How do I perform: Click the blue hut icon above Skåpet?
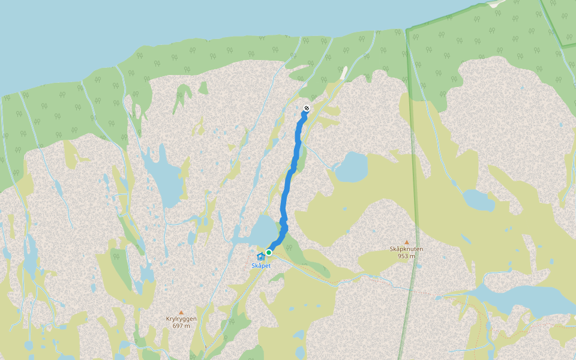tap(260, 257)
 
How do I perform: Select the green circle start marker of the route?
tap(269, 253)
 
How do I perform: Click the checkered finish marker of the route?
tap(307, 109)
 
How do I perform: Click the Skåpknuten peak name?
tap(406, 248)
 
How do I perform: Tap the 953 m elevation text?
tap(406, 256)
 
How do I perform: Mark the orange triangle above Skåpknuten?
tap(406, 241)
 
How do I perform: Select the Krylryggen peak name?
tap(181, 319)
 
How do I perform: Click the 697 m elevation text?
tap(181, 326)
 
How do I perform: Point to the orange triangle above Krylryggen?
tap(181, 312)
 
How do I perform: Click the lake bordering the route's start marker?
tap(262, 231)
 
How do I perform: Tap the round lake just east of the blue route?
tap(352, 167)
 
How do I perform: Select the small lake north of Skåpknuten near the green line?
tap(478, 200)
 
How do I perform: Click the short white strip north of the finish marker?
tap(343, 73)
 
